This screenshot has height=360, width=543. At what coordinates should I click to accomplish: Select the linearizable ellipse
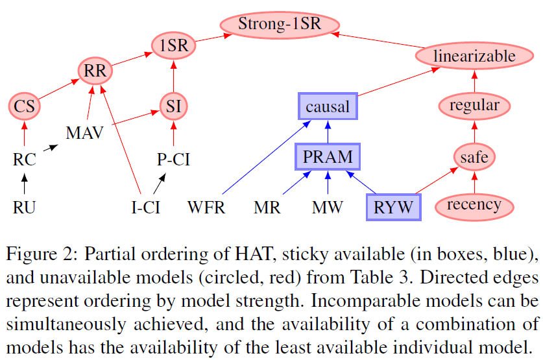tap(474, 56)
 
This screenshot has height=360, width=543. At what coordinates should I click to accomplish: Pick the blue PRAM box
tap(327, 156)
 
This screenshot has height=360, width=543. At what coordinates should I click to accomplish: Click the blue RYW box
tap(393, 207)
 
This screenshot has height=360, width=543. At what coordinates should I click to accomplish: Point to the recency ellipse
tap(474, 206)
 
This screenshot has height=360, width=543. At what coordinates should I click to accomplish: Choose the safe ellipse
tap(474, 156)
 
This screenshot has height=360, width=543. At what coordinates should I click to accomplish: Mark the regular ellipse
tap(474, 106)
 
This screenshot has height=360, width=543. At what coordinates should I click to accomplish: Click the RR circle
tap(95, 71)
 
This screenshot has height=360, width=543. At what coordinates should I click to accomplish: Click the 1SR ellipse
tap(173, 45)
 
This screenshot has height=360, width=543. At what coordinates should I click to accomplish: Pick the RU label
tap(25, 208)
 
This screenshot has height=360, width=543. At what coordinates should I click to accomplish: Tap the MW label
tap(327, 208)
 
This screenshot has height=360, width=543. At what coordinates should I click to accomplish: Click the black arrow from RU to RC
tap(25, 185)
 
